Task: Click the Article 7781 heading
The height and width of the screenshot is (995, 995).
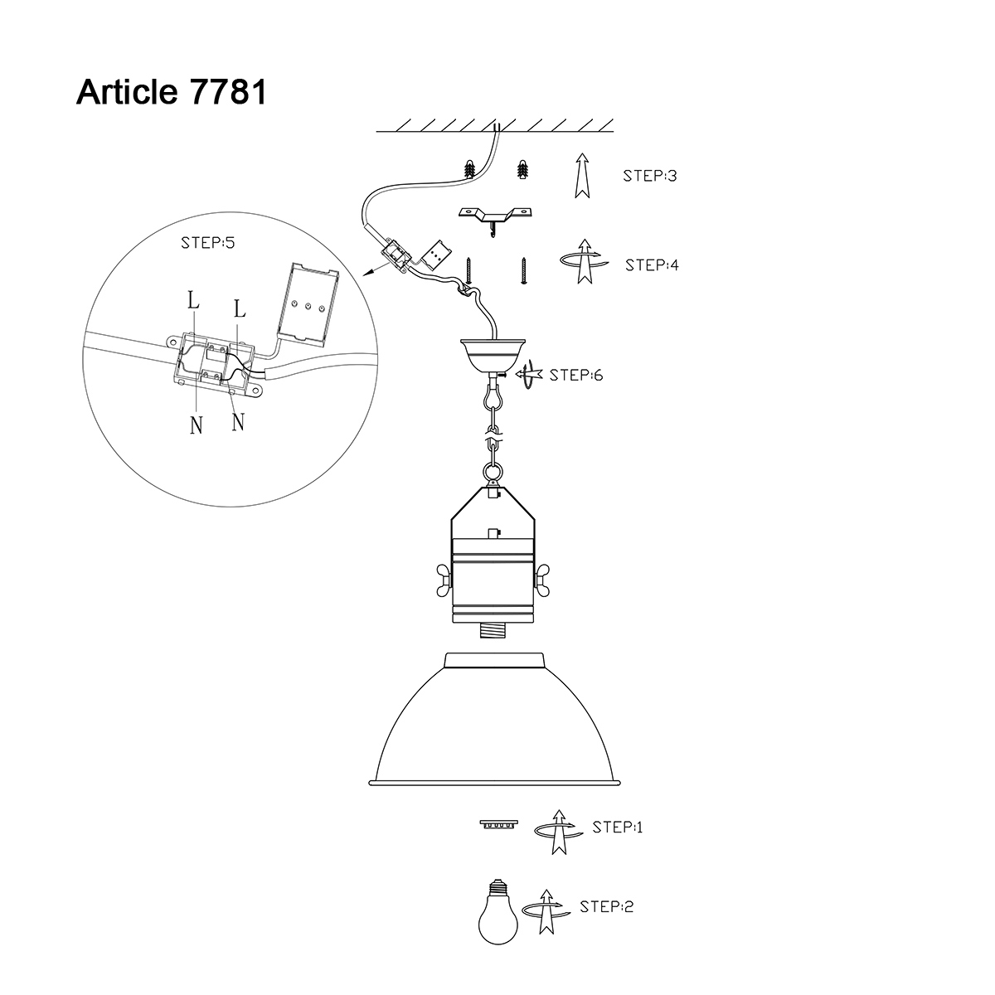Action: click(x=171, y=92)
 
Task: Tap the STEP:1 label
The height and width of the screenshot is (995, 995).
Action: click(x=617, y=828)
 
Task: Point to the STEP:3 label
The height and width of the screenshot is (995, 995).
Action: click(x=649, y=176)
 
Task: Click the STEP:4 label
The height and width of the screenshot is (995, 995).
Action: click(x=652, y=265)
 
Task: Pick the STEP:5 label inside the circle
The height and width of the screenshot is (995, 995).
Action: click(x=207, y=243)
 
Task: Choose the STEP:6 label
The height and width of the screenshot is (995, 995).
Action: click(x=575, y=375)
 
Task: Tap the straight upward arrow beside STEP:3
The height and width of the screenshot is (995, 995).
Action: click(x=582, y=176)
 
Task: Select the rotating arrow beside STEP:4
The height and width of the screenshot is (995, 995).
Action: click(x=585, y=261)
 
